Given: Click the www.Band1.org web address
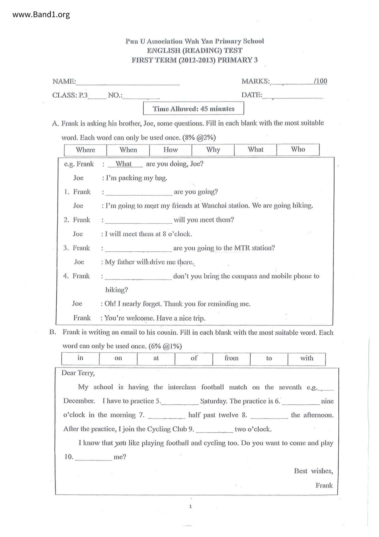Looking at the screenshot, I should pyautogui.click(x=41, y=14).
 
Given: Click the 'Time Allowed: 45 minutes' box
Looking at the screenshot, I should pyautogui.click(x=193, y=109).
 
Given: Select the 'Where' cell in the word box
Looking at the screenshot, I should pyautogui.click(x=86, y=150).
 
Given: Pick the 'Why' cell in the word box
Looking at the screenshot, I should pyautogui.click(x=213, y=150).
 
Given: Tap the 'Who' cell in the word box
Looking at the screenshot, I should pyautogui.click(x=298, y=149).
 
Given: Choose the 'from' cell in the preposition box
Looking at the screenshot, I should pyautogui.click(x=231, y=358).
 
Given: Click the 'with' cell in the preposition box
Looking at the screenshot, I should pyautogui.click(x=307, y=358).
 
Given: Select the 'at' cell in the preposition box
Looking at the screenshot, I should pyautogui.click(x=156, y=358).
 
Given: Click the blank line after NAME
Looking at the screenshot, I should pyautogui.click(x=128, y=82).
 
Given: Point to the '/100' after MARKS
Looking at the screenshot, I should pyautogui.click(x=320, y=81).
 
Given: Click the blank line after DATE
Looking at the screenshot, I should pyautogui.click(x=293, y=96).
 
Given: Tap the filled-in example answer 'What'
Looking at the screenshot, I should pyautogui.click(x=124, y=164).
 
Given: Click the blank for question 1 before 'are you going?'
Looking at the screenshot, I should pyautogui.click(x=139, y=193).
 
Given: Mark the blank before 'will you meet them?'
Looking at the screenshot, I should pyautogui.click(x=138, y=220).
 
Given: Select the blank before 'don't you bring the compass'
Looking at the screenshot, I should pyautogui.click(x=138, y=277).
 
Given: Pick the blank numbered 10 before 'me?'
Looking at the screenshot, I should pyautogui.click(x=94, y=457).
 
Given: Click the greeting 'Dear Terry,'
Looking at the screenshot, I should pyautogui.click(x=78, y=373).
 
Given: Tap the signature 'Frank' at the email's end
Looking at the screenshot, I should pyautogui.click(x=324, y=485).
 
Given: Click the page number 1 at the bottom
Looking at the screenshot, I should pyautogui.click(x=190, y=507).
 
